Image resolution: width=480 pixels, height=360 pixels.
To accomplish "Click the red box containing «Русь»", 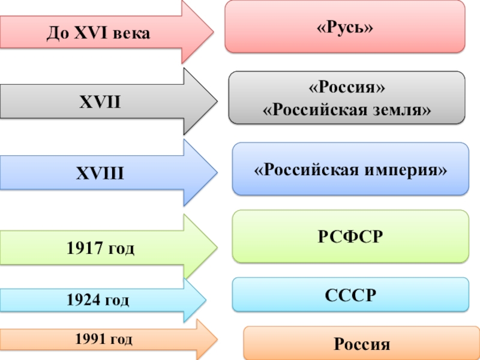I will [x=345, y=27].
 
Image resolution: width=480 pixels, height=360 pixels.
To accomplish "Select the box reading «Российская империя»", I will [x=350, y=169].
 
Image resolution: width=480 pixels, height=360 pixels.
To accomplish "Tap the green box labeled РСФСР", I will [x=350, y=236].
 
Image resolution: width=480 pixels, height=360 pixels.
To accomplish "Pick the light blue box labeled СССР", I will [x=350, y=295].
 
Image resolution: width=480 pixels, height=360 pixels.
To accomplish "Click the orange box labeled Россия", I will [x=361, y=344].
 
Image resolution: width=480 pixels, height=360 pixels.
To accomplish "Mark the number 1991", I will [x=90, y=340].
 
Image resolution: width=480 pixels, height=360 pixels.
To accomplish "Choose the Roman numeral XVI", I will [x=89, y=34].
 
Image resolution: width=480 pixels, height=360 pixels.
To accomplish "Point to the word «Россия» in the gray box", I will [x=346, y=88].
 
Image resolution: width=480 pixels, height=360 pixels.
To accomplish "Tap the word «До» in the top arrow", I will [x=58, y=34].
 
